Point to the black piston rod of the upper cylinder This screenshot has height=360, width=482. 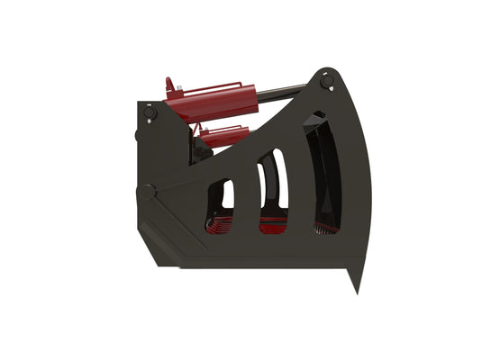(284, 88)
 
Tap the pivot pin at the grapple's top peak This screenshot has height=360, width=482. (329, 83)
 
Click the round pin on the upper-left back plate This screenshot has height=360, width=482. (149, 113)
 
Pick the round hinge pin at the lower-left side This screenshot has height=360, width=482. (147, 191)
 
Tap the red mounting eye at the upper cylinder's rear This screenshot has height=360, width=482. (168, 87)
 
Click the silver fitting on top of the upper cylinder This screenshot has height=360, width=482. (179, 88)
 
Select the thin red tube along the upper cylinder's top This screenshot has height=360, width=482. (216, 87)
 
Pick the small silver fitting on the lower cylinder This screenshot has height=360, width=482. (204, 131)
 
